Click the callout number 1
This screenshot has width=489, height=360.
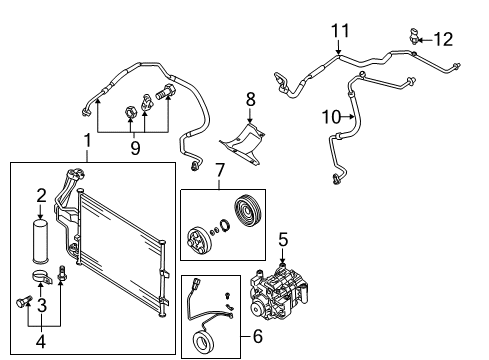[87, 141]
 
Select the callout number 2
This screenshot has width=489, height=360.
[41, 196]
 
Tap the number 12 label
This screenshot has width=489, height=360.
[443, 39]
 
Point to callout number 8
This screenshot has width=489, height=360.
[251, 99]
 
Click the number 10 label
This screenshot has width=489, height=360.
[332, 117]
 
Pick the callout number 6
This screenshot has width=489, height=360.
[258, 336]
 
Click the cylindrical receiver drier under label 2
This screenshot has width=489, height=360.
[40, 240]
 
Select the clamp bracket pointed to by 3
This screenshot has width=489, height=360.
[42, 276]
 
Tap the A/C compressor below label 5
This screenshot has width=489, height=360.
[279, 293]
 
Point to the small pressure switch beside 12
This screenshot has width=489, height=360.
[414, 36]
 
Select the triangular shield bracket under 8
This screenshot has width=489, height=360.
[243, 143]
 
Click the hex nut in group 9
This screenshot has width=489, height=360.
[130, 112]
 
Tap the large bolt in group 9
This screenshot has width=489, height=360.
[166, 91]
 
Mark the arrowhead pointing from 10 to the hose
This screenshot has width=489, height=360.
[352, 117]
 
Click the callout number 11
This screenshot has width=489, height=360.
[340, 31]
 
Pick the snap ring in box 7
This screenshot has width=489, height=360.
[225, 225]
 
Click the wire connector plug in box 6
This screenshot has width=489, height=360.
[195, 284]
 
